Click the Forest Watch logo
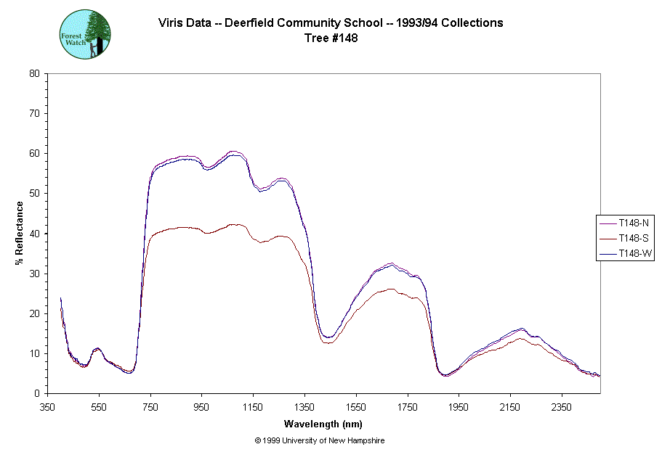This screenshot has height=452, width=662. pos(85,34)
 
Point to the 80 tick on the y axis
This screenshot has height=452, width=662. pos(34,73)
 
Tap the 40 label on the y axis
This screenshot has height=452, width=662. pos(34,234)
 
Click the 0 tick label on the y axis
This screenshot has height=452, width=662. pos(36,394)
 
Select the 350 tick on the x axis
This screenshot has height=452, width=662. pos(48,407)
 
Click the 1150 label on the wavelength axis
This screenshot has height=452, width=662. pos(254,407)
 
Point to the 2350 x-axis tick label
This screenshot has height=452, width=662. pos(562,407)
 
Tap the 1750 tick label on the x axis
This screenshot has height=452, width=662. pos(408,407)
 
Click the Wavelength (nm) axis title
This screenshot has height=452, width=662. pos(323,424)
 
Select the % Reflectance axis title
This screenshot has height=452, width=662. pos(20,233)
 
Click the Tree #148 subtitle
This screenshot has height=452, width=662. pos(331,38)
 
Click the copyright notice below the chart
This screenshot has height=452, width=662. pos(320,440)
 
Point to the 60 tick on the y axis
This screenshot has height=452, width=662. pos(34,154)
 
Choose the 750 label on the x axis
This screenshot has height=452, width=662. pos(150,407)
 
